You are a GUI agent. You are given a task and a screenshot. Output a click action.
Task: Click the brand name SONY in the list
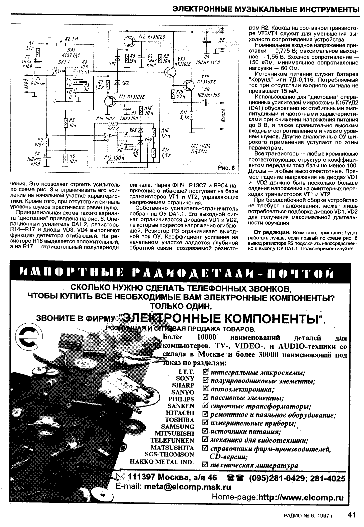185,378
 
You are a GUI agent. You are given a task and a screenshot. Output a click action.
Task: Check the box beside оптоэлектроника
206,390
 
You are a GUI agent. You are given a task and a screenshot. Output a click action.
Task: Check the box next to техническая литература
206,465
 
